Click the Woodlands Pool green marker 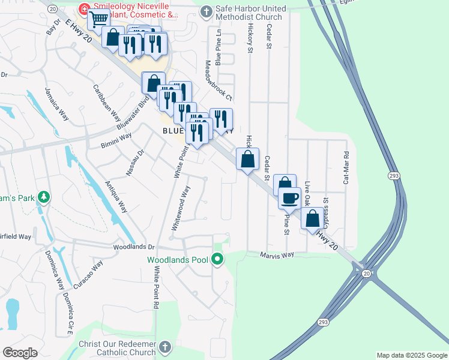tap(217, 260)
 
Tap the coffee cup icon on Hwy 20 tap(289, 197)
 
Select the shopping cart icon tap(98, 19)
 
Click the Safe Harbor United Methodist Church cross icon tap(206, 11)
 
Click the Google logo tap(20, 353)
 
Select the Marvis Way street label tap(277, 255)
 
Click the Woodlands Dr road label tap(134, 247)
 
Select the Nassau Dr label tap(135, 163)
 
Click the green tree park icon tap(43, 197)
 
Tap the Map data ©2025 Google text tap(411, 355)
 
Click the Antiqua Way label tap(116, 197)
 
